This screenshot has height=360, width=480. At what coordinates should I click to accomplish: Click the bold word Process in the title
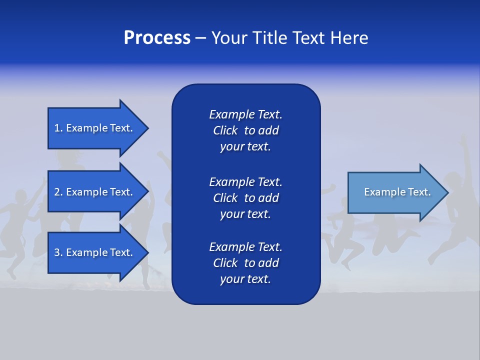pyautogui.click(x=157, y=38)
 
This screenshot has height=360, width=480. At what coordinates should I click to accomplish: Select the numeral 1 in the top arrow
pyautogui.click(x=57, y=128)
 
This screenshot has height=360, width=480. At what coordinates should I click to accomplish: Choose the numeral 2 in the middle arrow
pyautogui.click(x=57, y=192)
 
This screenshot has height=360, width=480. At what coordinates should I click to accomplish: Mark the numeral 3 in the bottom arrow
pyautogui.click(x=57, y=252)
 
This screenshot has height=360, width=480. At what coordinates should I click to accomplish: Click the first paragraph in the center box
pyautogui.click(x=245, y=130)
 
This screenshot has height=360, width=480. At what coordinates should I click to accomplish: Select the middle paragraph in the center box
pyautogui.click(x=245, y=198)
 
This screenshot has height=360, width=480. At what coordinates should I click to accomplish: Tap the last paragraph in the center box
pyautogui.click(x=245, y=263)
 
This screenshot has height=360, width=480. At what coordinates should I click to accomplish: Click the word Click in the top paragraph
pyautogui.click(x=225, y=130)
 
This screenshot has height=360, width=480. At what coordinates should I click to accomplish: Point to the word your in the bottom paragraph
pyautogui.click(x=231, y=279)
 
